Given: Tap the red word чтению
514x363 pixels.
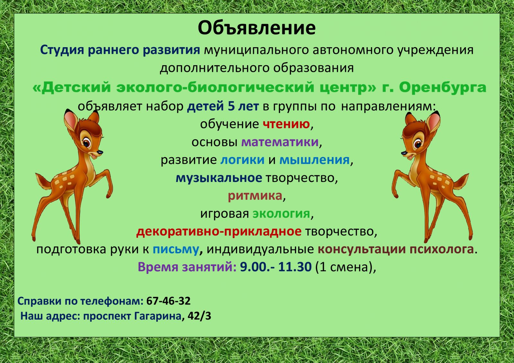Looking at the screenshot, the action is (286, 125).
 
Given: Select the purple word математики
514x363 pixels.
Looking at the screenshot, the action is (280, 143).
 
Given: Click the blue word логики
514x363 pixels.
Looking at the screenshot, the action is (242, 160).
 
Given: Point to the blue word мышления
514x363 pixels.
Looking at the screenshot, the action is (315, 160).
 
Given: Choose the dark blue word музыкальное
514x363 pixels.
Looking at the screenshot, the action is (219, 178).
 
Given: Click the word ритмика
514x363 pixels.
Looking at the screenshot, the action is (255, 196).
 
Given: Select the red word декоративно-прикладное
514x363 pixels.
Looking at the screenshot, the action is (219, 232).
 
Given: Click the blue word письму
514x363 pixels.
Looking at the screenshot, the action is (176, 249).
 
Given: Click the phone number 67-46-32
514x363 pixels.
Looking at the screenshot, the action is (168, 301).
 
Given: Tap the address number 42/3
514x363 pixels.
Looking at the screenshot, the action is (199, 316).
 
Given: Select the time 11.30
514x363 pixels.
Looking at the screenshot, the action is (295, 267).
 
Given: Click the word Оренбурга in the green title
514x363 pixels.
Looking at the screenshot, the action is (443, 87).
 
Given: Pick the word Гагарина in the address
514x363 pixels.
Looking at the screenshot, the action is (158, 316).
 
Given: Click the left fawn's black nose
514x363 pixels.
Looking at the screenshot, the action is (100, 152).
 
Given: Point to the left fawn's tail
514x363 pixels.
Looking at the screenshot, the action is (44, 181).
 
